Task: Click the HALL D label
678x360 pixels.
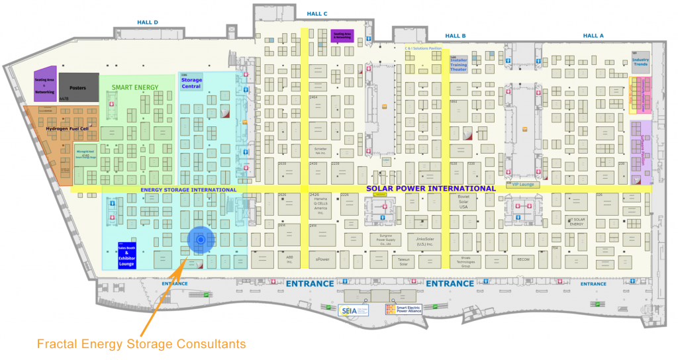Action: (148, 22)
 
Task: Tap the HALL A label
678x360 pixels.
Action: (593, 36)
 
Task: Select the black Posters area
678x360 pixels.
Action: (78, 87)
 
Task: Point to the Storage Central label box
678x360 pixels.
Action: (191, 83)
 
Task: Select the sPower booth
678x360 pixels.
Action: (322, 259)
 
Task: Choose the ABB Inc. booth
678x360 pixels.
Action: (289, 259)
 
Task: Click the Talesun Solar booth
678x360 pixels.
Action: (403, 263)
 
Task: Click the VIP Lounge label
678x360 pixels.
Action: (522, 185)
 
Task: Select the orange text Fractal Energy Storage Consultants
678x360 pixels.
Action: (141, 343)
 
